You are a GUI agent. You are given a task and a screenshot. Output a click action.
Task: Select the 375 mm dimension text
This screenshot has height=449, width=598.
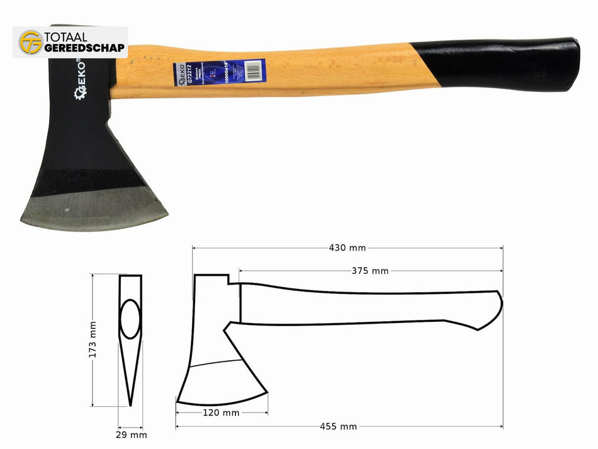pyautogui.click(x=370, y=271)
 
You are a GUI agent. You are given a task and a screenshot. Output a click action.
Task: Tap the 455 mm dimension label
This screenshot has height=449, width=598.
pyautogui.click(x=339, y=426)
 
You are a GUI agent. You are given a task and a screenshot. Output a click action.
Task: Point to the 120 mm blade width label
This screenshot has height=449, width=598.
pyautogui.click(x=222, y=413)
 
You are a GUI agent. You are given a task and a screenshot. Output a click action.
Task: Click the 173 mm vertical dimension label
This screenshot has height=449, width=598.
pyautogui.click(x=93, y=340)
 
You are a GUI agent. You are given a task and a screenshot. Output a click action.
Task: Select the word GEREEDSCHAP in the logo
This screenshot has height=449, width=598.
pyautogui.click(x=84, y=48)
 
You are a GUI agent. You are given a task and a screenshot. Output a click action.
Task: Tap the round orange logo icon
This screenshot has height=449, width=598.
pyautogui.click(x=30, y=42)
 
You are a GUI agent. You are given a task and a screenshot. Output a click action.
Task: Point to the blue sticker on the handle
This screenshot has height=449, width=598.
pyautogui.click(x=220, y=73)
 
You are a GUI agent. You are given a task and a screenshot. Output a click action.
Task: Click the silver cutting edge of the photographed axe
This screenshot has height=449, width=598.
pyautogui.click(x=94, y=211)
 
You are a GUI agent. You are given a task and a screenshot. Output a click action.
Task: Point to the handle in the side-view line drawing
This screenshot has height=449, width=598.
pyautogui.click(x=365, y=309)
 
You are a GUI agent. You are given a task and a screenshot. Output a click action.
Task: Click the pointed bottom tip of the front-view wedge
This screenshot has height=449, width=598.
pyautogui.click(x=131, y=405)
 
